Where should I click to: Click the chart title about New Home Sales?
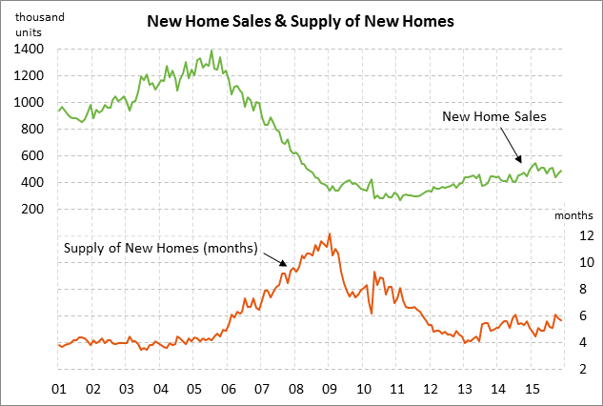(x=300, y=20)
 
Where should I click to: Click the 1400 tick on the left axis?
(x=28, y=49)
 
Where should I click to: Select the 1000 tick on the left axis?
(x=28, y=102)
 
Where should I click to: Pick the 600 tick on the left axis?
(x=30, y=155)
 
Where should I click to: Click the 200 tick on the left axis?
(x=30, y=209)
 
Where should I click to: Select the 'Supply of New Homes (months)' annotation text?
(x=161, y=249)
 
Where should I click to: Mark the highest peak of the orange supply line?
(x=329, y=233)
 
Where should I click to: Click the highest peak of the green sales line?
(x=211, y=51)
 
